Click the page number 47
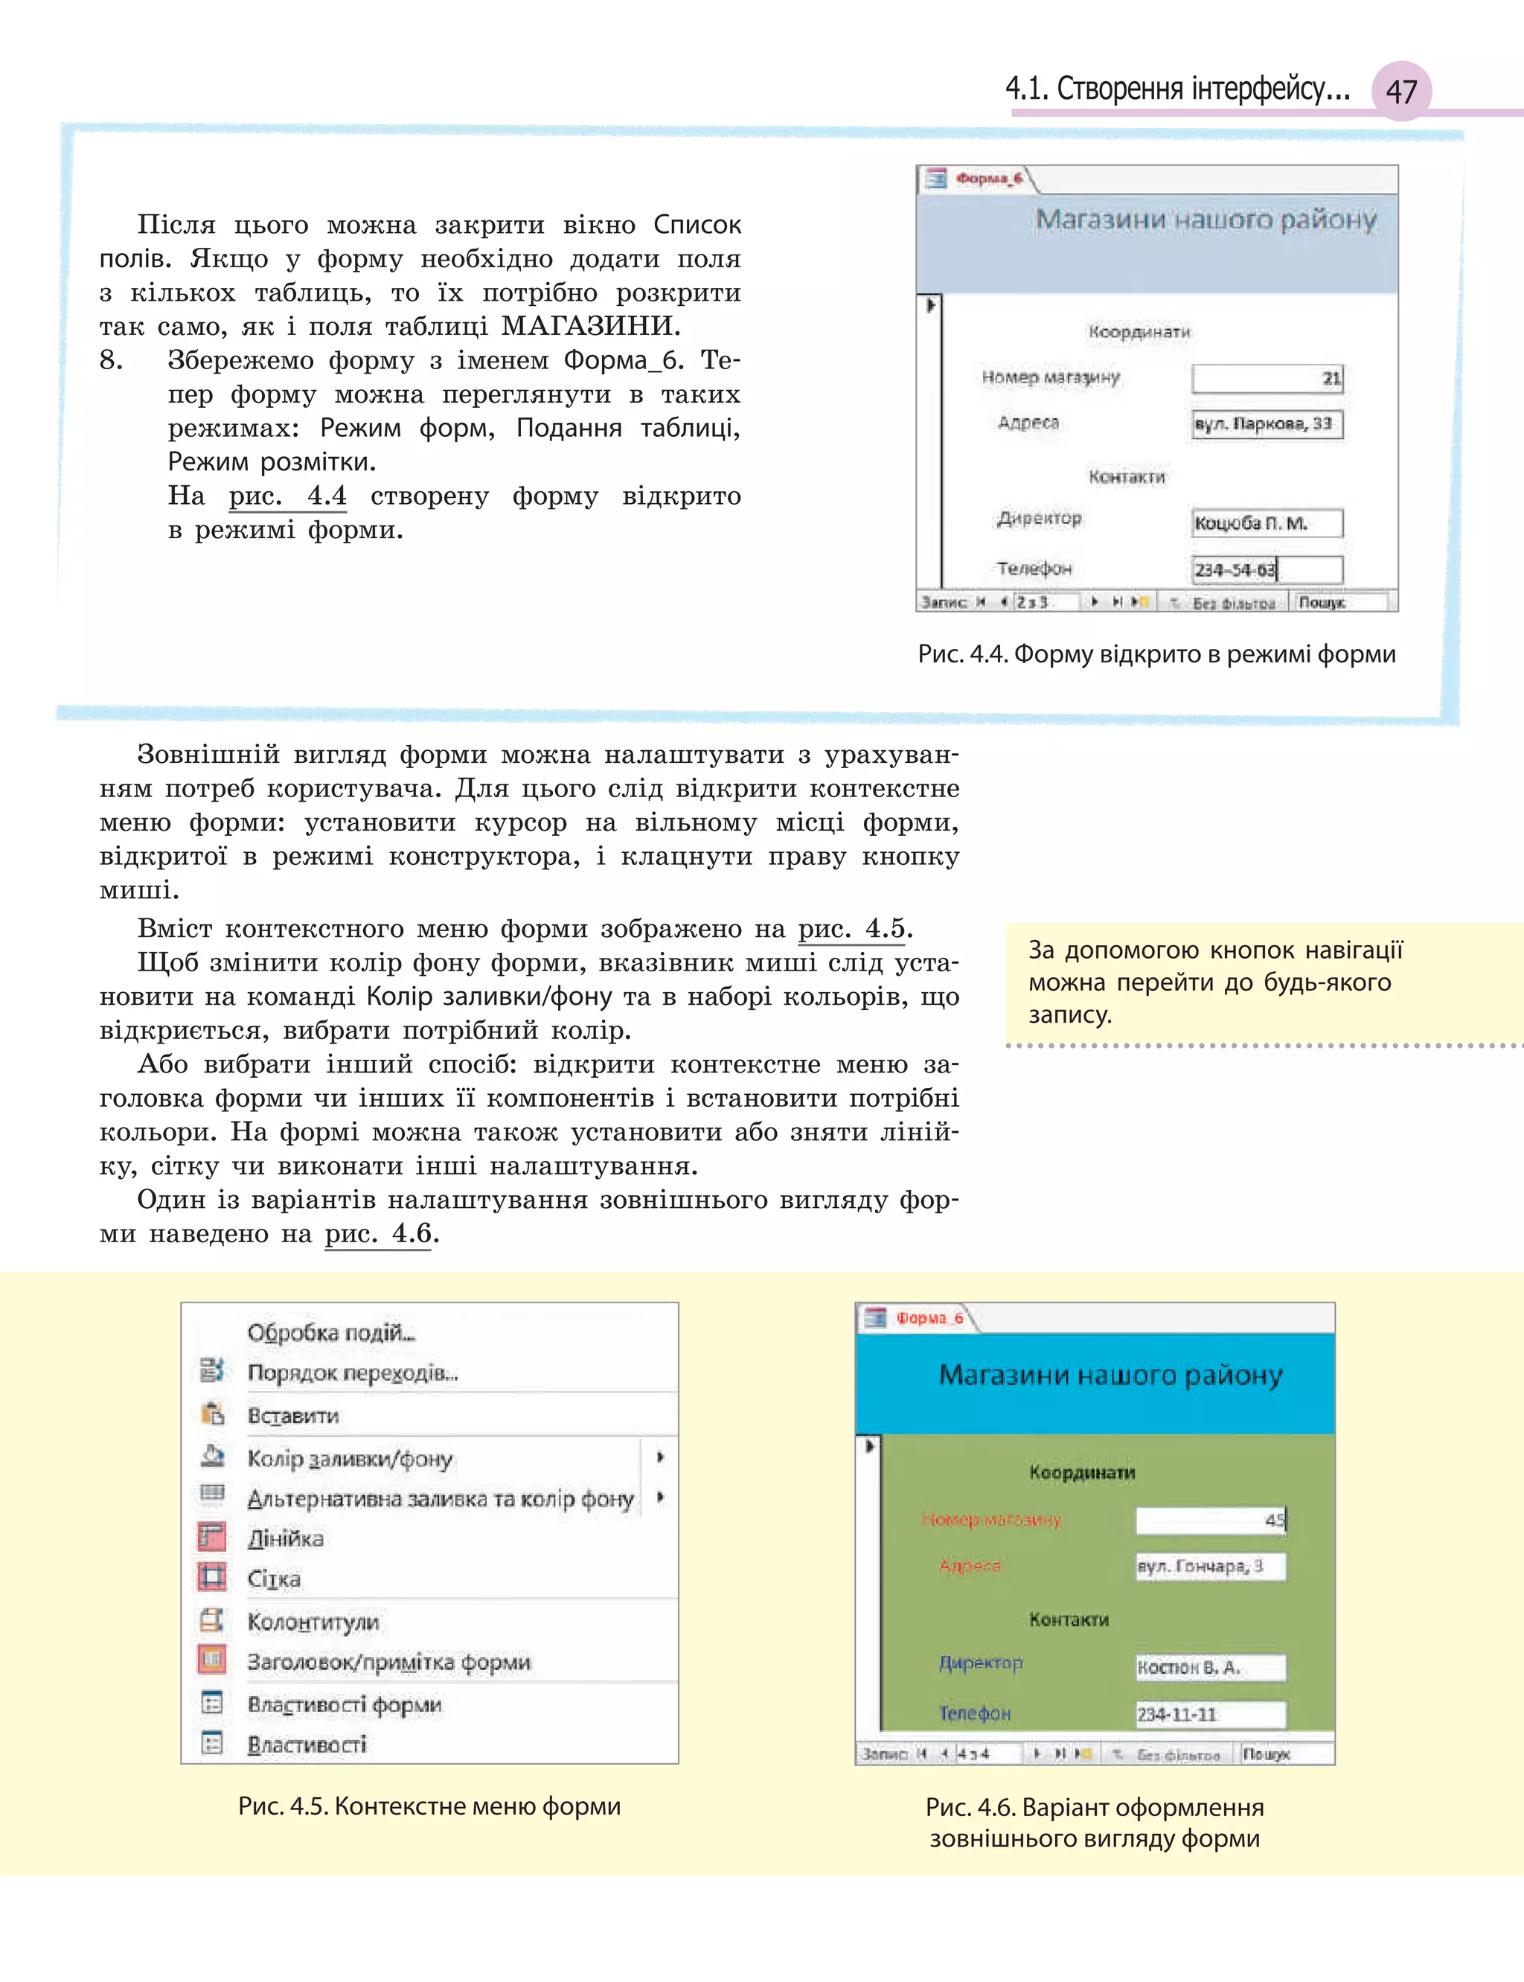click(x=1400, y=91)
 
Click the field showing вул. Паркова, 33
click(x=1267, y=423)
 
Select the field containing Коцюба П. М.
click(x=1267, y=522)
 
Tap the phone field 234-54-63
click(x=1267, y=569)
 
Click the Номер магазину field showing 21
click(x=1267, y=378)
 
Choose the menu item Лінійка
click(x=286, y=1538)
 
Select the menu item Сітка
click(x=274, y=1579)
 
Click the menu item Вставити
click(x=293, y=1416)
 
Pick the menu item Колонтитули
click(x=313, y=1622)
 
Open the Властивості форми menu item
click(x=344, y=1704)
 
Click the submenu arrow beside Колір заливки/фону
click(x=660, y=1457)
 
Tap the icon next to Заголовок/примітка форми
click(x=211, y=1661)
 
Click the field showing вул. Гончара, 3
click(x=1210, y=1567)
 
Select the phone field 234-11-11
click(x=1210, y=1714)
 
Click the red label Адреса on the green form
click(x=970, y=1566)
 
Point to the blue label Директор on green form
click(x=980, y=1663)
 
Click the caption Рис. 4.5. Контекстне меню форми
click(x=429, y=1806)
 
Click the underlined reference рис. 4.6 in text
click(x=378, y=1234)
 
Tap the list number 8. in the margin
click(x=111, y=360)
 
